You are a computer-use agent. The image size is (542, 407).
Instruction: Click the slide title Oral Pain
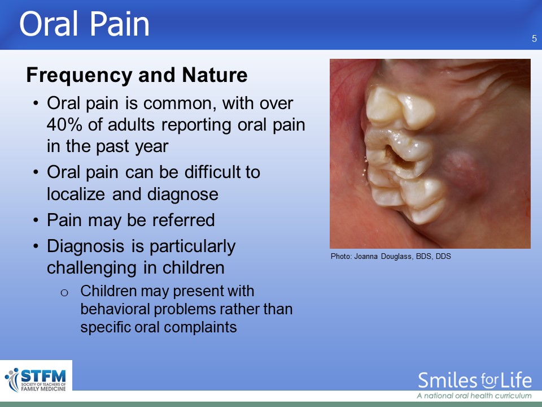click(x=84, y=24)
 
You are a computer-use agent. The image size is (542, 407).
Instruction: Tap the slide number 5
click(x=535, y=39)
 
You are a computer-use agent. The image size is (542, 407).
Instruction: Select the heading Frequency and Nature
click(x=137, y=75)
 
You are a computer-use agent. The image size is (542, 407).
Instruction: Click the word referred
click(x=183, y=220)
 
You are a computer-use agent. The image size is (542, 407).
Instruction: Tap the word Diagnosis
click(x=85, y=246)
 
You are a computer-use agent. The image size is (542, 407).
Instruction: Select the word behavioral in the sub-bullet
click(x=115, y=309)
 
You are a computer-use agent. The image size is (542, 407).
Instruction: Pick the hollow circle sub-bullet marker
click(x=64, y=293)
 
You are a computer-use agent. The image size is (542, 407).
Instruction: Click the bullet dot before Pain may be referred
click(x=36, y=220)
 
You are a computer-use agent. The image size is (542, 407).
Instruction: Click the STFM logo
click(x=36, y=380)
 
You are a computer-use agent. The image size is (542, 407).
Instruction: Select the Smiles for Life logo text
click(x=475, y=380)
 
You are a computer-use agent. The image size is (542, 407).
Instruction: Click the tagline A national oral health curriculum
click(x=474, y=396)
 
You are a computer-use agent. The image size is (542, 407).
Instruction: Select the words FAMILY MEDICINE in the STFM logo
click(x=43, y=389)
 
